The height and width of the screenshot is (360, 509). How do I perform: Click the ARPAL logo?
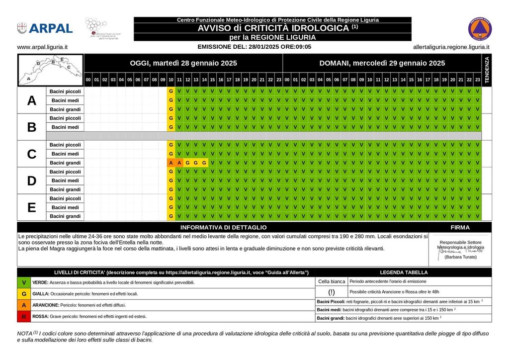click(x=45, y=28)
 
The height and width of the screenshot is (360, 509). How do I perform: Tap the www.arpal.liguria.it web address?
click(x=42, y=47)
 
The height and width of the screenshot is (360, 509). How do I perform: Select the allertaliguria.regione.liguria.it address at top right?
click(x=451, y=47)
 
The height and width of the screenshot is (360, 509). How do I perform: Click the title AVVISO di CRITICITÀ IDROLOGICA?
click(x=272, y=28)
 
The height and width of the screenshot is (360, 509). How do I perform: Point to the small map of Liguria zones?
click(x=50, y=70)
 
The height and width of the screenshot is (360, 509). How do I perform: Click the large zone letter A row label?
click(x=32, y=100)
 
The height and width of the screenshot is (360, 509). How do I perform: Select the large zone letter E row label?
click(x=32, y=207)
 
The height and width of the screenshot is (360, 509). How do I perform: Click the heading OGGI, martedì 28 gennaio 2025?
click(x=183, y=63)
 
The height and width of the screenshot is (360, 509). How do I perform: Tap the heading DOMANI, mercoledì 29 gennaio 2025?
click(x=382, y=63)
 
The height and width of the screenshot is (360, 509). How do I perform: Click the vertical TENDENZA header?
click(x=487, y=70)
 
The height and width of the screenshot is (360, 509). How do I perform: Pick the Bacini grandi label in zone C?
click(x=65, y=163)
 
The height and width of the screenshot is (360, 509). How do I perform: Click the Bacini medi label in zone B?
click(x=65, y=127)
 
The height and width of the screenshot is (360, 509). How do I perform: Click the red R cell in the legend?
click(x=24, y=316)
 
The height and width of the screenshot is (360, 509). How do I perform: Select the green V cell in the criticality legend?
click(x=24, y=282)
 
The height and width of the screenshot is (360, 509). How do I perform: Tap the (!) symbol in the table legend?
click(x=332, y=292)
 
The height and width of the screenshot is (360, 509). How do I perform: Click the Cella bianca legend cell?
click(x=332, y=281)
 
